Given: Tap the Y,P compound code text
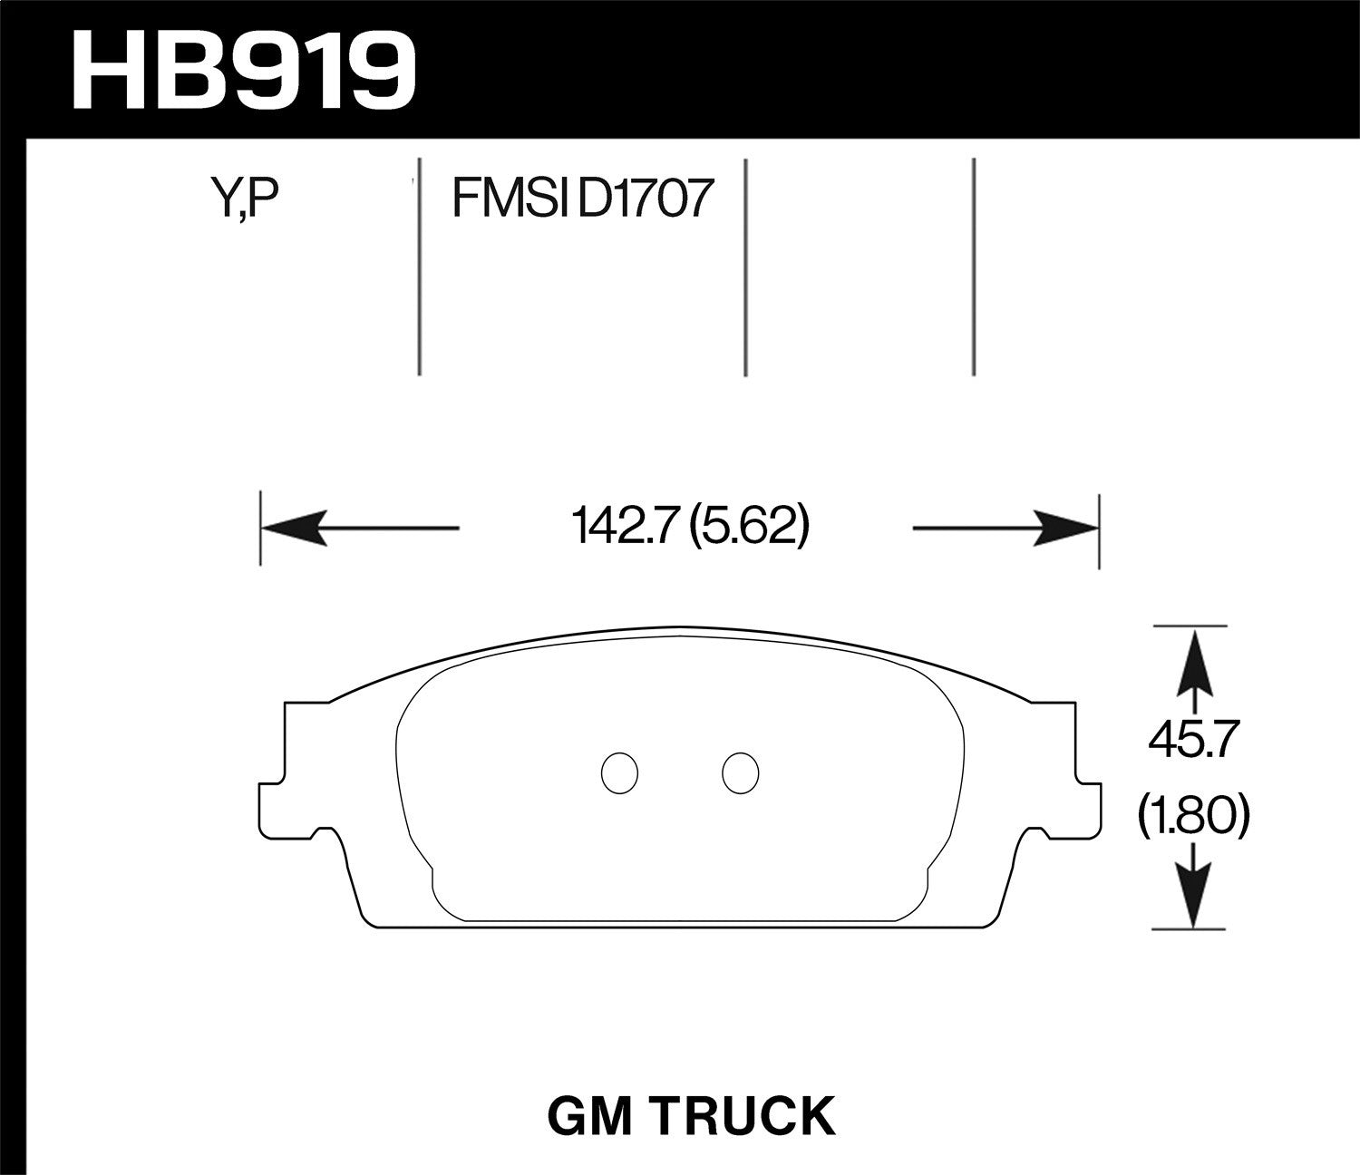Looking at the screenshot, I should (x=240, y=199).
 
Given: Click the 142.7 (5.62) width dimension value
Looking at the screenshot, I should (x=689, y=528).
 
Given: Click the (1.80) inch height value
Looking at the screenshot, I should (x=1194, y=815).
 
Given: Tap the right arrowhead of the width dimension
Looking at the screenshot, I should (x=1065, y=528).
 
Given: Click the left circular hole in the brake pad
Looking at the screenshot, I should (x=620, y=772).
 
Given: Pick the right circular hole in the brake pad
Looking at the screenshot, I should (x=740, y=772).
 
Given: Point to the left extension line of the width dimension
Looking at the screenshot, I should (x=261, y=530).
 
